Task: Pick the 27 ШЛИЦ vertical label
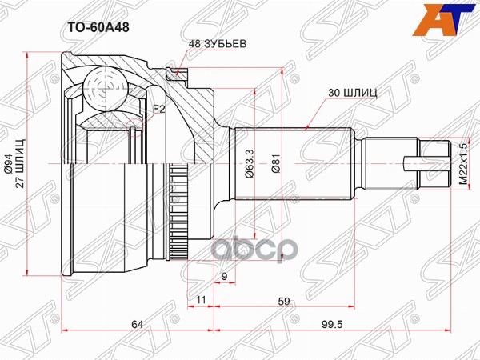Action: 22,164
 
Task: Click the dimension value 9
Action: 224,277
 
